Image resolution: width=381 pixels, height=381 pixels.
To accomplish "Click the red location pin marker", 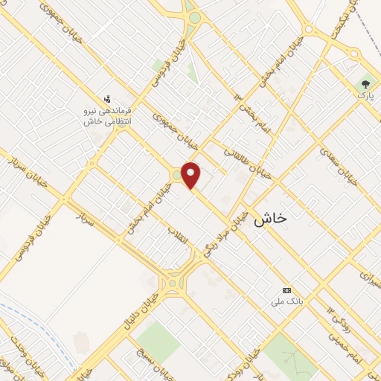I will (192, 174).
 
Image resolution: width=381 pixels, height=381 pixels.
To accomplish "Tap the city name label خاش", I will (270, 219).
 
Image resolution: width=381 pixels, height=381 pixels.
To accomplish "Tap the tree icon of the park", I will (365, 84).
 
